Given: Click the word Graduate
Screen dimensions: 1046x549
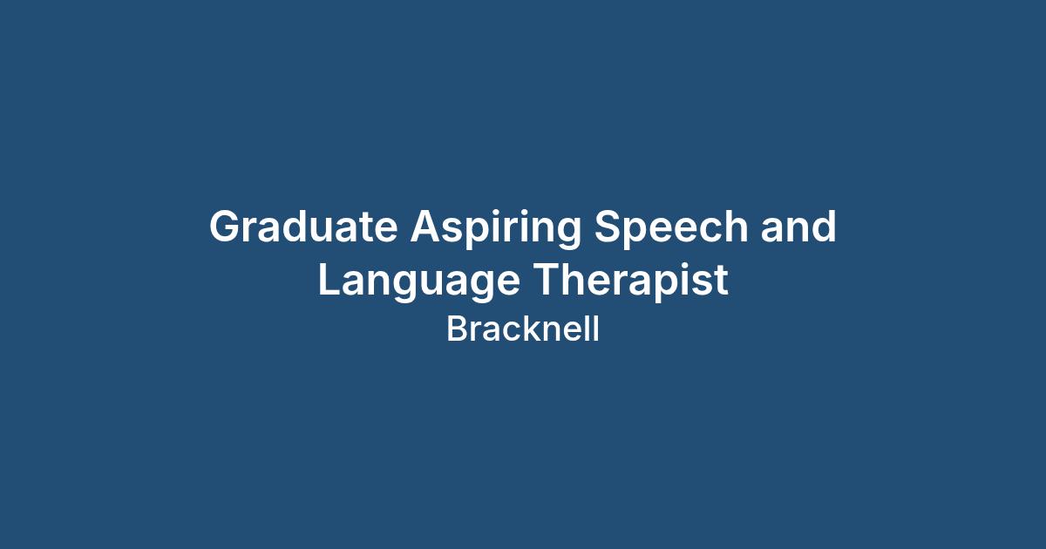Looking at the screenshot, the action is (303, 226).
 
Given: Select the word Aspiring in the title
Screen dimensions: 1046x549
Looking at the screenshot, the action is (495, 229).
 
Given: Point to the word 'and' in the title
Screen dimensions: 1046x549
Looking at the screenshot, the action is (798, 226).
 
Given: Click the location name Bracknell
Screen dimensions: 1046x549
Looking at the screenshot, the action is (523, 329).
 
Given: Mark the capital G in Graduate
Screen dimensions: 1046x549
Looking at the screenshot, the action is (226, 226).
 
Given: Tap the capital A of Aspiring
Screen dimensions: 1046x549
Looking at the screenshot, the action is (426, 226).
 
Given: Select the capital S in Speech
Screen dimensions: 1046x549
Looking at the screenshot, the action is (608, 226).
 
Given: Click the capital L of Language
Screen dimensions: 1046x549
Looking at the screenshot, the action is (329, 279).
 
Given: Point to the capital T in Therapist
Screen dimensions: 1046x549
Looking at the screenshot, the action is (547, 279).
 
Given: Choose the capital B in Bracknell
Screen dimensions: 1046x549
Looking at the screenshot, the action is (458, 329).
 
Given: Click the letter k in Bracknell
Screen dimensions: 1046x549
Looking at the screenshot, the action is (532, 329).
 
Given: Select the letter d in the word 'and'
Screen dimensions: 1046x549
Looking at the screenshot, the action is (822, 226).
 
